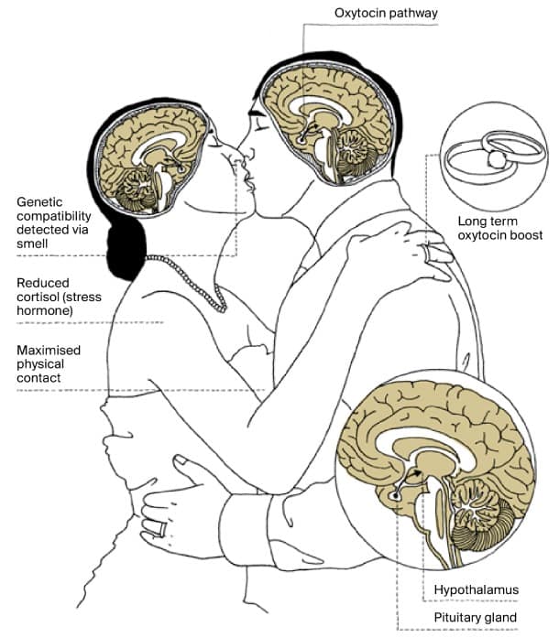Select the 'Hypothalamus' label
477,589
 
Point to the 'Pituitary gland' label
477,618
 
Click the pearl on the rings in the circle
497,158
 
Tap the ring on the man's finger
160,528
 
